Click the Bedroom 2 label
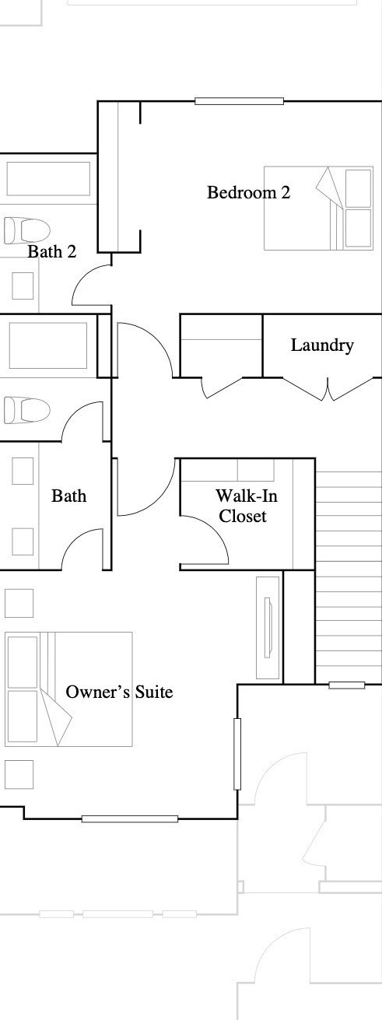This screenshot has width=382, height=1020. [x=248, y=192]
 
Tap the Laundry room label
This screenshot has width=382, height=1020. [x=322, y=345]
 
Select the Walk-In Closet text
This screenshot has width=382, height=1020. [x=242, y=506]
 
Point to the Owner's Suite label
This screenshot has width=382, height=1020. [x=119, y=692]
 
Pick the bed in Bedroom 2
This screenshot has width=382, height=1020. [x=318, y=208]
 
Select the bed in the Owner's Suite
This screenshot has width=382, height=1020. [x=68, y=689]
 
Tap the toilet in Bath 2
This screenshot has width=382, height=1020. [x=26, y=230]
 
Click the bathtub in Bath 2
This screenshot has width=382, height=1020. [x=48, y=179]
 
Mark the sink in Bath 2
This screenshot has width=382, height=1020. [x=23, y=286]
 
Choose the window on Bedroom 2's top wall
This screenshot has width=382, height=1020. [x=239, y=100]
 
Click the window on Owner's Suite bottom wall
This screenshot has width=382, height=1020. [x=129, y=818]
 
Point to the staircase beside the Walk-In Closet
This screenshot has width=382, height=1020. [x=348, y=576]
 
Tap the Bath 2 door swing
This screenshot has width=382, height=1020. [x=92, y=284]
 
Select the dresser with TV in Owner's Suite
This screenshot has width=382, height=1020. [x=268, y=627]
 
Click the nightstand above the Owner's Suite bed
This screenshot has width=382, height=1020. [x=19, y=603]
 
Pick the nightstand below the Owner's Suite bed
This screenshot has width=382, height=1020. [x=19, y=774]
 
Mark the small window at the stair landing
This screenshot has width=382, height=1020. [x=346, y=685]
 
